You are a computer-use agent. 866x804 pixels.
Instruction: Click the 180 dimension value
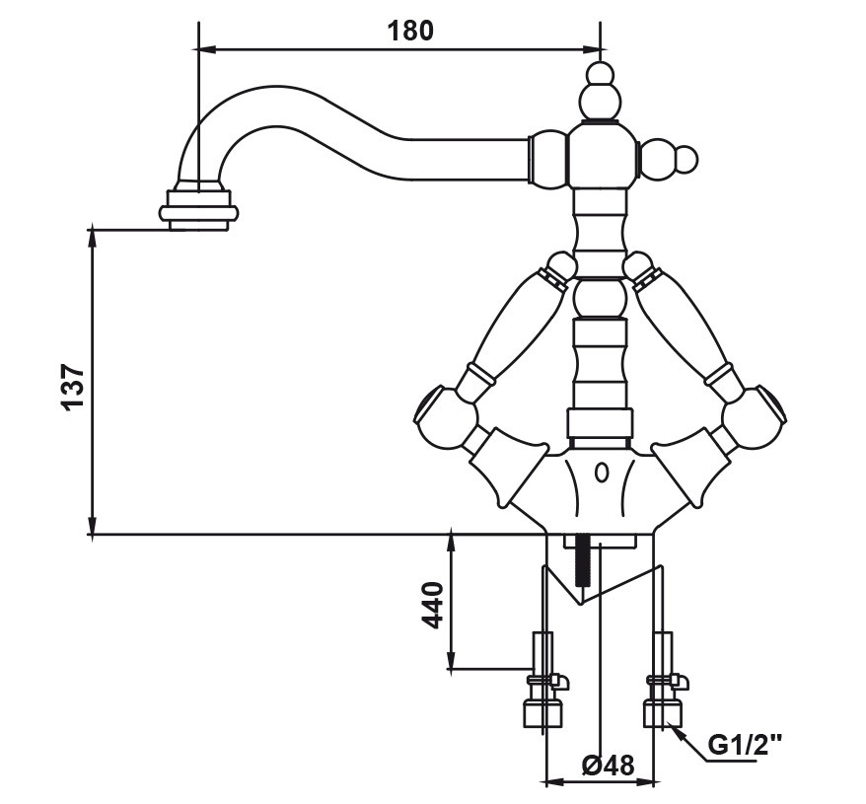pyautogui.click(x=408, y=30)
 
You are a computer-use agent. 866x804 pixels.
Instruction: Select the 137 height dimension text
pyautogui.click(x=72, y=386)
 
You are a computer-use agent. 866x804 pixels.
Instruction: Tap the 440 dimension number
pyautogui.click(x=432, y=604)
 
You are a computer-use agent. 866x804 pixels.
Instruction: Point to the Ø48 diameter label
pyautogui.click(x=609, y=766)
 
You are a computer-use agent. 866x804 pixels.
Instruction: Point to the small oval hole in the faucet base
pyautogui.click(x=600, y=475)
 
